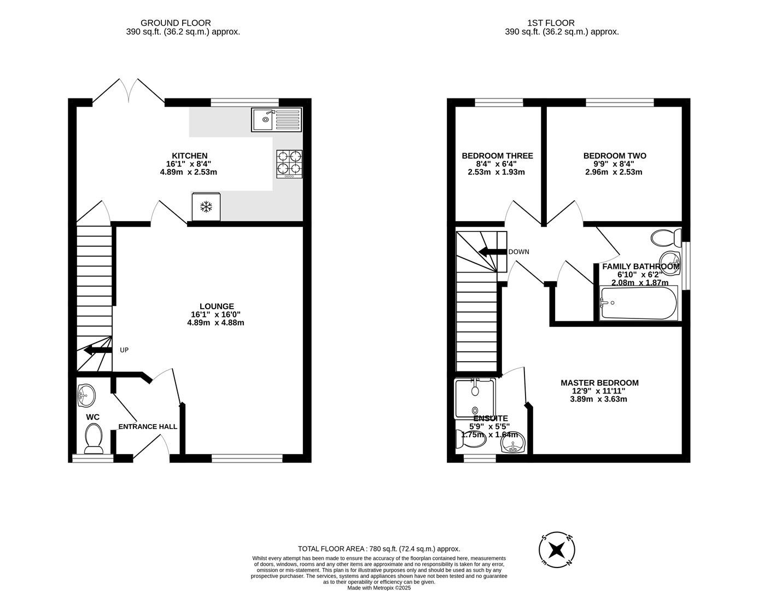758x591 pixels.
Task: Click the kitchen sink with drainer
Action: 276,120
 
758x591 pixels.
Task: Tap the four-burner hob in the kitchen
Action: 289,163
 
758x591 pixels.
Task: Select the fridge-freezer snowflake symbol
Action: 206,207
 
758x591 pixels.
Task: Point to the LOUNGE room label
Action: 217,306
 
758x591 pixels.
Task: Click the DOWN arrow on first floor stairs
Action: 492,252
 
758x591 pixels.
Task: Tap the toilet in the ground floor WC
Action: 94,439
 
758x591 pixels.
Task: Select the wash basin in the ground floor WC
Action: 85,395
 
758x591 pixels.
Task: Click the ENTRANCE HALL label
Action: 148,426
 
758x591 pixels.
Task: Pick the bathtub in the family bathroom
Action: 638,303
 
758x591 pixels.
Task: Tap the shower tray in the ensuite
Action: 475,398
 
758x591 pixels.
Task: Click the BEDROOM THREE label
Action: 497,156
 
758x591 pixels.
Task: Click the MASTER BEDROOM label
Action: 599,383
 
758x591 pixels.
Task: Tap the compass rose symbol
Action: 557,549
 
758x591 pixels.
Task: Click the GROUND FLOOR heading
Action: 168,23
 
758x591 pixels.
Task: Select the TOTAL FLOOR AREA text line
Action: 378,548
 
